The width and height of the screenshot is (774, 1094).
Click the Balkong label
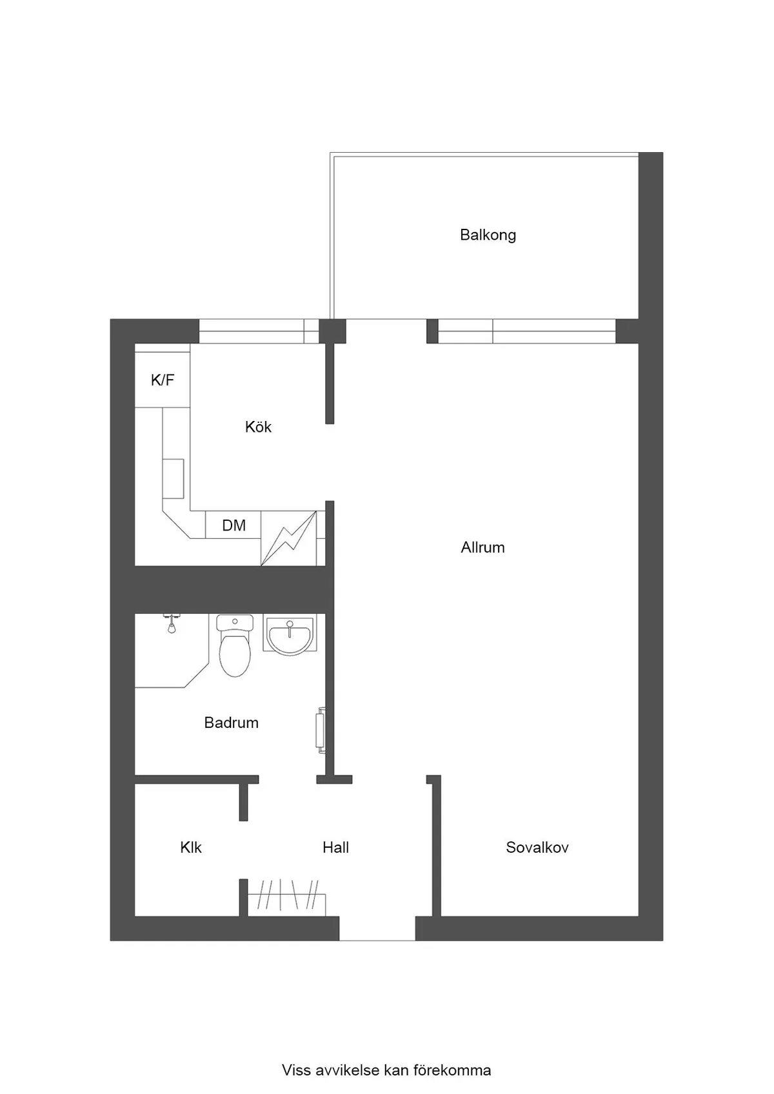pos(488,235)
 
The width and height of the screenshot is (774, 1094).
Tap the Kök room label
pos(258,427)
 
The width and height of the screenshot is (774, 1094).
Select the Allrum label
pos(482,547)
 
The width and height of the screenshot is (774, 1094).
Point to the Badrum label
pos(231,722)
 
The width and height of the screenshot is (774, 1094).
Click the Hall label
pos(335,847)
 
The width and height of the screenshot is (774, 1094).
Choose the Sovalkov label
pos(537,847)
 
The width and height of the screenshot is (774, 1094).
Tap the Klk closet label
pos(190,847)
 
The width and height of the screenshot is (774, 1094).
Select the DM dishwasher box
pos(233,525)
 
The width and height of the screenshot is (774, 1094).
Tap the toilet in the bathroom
pos(235,645)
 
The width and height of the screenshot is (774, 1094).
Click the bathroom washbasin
pos(289,634)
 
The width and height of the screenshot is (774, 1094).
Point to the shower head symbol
pos(172,623)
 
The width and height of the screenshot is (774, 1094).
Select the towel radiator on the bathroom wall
pos(321,730)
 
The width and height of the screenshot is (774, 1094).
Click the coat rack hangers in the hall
pos(287,895)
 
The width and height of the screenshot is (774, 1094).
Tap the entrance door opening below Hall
pos(377,928)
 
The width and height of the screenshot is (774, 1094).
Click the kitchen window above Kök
pos(259,331)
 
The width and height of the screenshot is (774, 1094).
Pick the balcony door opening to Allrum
pos(386,331)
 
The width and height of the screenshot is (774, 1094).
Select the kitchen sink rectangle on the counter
pos(174,478)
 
